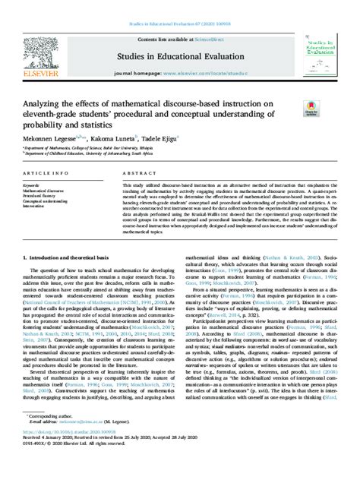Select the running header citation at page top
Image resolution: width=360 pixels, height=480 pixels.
pyautogui.click(x=180, y=4)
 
